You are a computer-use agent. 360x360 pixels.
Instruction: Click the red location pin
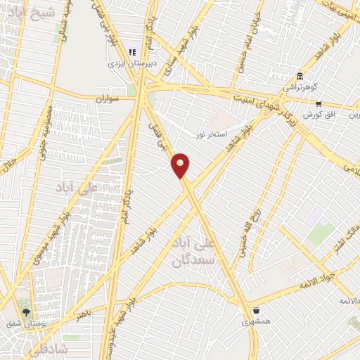coord(181,165)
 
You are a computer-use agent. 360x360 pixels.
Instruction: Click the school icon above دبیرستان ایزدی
coord(131,51)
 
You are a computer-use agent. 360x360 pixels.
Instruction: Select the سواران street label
coord(103,99)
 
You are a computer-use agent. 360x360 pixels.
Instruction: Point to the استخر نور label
coord(211,132)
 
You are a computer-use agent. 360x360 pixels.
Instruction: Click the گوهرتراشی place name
coord(300,87)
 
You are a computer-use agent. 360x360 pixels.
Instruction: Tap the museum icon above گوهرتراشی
coord(300,76)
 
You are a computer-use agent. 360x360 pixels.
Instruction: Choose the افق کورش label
coord(318,114)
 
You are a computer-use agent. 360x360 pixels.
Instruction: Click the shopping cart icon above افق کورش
coord(319,103)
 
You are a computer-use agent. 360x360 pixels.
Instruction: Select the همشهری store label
coord(256,321)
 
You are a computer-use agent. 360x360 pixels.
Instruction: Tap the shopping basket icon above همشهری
coord(256,310)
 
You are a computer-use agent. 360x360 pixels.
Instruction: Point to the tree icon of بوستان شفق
coord(27,312)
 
